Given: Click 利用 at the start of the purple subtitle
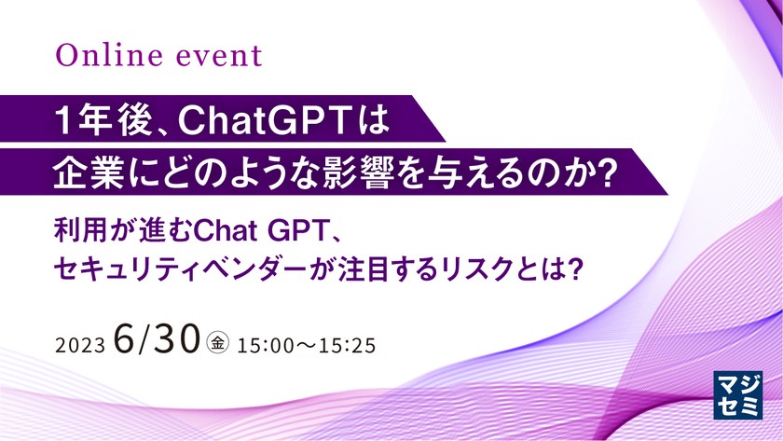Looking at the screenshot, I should pyautogui.click(x=79, y=228).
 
